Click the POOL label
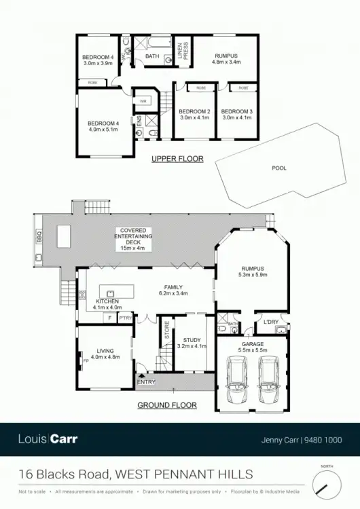(x=279, y=168)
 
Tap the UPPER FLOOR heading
(x=177, y=159)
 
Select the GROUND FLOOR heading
(x=167, y=405)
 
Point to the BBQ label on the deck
(x=38, y=235)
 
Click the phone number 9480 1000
(x=325, y=439)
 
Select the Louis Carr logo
(x=48, y=439)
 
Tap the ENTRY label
(x=146, y=382)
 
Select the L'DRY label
(x=272, y=322)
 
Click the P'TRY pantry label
(x=126, y=318)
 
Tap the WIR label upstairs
(x=143, y=102)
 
